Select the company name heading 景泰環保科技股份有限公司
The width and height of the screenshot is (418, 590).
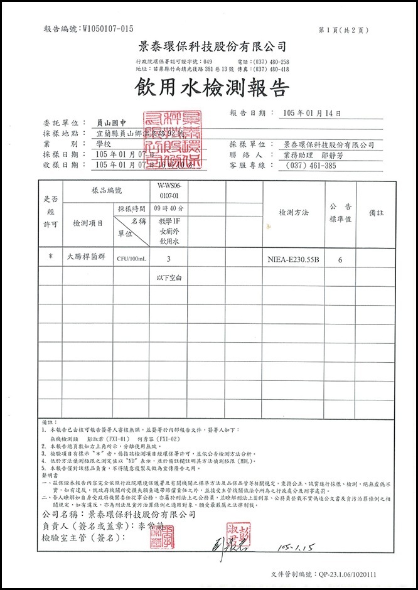tap(212, 46)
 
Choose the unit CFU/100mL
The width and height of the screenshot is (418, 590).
tap(131, 258)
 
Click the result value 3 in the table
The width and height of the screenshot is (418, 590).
tap(168, 258)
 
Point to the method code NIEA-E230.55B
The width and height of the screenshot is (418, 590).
tap(293, 258)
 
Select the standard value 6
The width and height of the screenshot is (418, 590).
tap(340, 258)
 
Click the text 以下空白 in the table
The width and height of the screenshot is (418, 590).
tap(168, 277)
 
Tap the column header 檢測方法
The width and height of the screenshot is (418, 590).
tap(294, 213)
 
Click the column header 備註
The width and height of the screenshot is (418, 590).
tap(377, 213)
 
